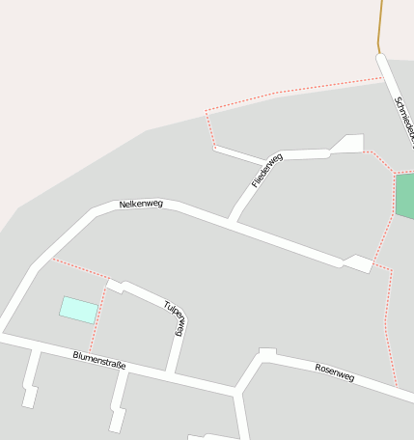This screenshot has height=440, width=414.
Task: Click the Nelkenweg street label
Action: click(x=141, y=204)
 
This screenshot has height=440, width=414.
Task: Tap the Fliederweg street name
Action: click(x=265, y=170)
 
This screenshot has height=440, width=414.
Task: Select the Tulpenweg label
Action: click(x=174, y=317)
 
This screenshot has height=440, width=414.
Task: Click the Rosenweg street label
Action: click(x=335, y=372)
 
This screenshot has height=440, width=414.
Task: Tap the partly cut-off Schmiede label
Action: click(x=403, y=121)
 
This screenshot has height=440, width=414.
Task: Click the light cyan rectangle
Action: click(x=79, y=310)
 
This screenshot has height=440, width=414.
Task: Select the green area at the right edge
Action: click(x=404, y=196)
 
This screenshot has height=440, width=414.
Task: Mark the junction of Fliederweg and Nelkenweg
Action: click(x=231, y=221)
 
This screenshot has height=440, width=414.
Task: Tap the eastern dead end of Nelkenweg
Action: click(x=359, y=263)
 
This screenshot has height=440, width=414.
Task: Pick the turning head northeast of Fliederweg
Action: click(x=348, y=144)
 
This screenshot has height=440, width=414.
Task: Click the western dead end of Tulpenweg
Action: click(x=114, y=285)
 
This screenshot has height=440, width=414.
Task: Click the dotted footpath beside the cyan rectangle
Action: click(x=97, y=318)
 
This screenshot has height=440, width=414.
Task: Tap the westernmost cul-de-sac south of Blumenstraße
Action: click(x=30, y=395)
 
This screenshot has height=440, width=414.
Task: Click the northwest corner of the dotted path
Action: click(x=206, y=113)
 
